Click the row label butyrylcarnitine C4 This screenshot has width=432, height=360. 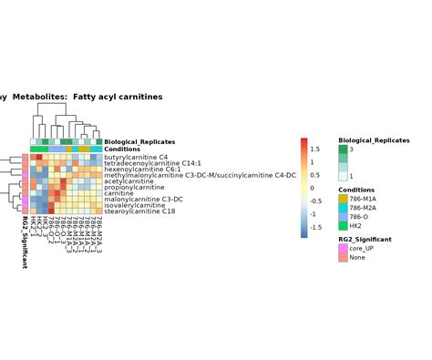coord(136,157)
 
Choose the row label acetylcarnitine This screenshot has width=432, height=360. coord(129,181)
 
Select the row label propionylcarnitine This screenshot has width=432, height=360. coord(133,187)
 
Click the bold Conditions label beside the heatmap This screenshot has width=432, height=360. coord(122,149)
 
